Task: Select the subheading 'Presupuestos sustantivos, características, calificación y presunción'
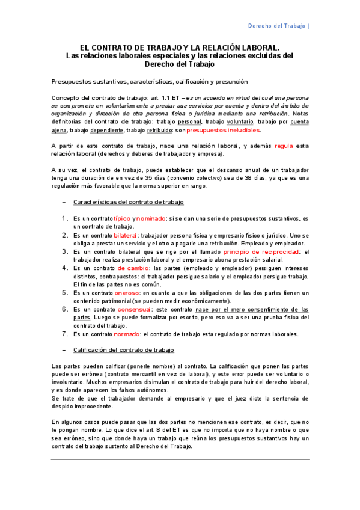coord(150,81)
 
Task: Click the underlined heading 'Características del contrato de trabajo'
coord(128,202)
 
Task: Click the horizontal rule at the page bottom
coord(180,459)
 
